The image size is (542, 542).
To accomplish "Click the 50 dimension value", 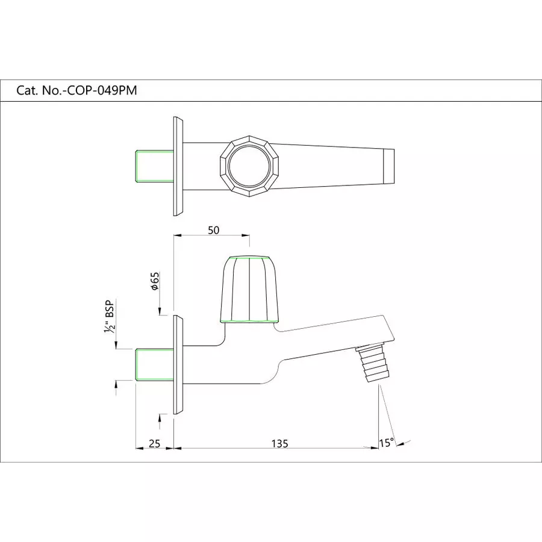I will (213, 230).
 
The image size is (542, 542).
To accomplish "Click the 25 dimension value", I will (154, 444).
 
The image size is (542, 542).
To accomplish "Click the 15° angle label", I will (387, 443).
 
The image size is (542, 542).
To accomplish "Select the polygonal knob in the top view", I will (249, 166).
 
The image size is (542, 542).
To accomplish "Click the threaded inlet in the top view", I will (154, 166).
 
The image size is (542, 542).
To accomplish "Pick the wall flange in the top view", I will (178, 166).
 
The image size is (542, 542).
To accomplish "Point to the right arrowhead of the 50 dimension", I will (246, 236).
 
